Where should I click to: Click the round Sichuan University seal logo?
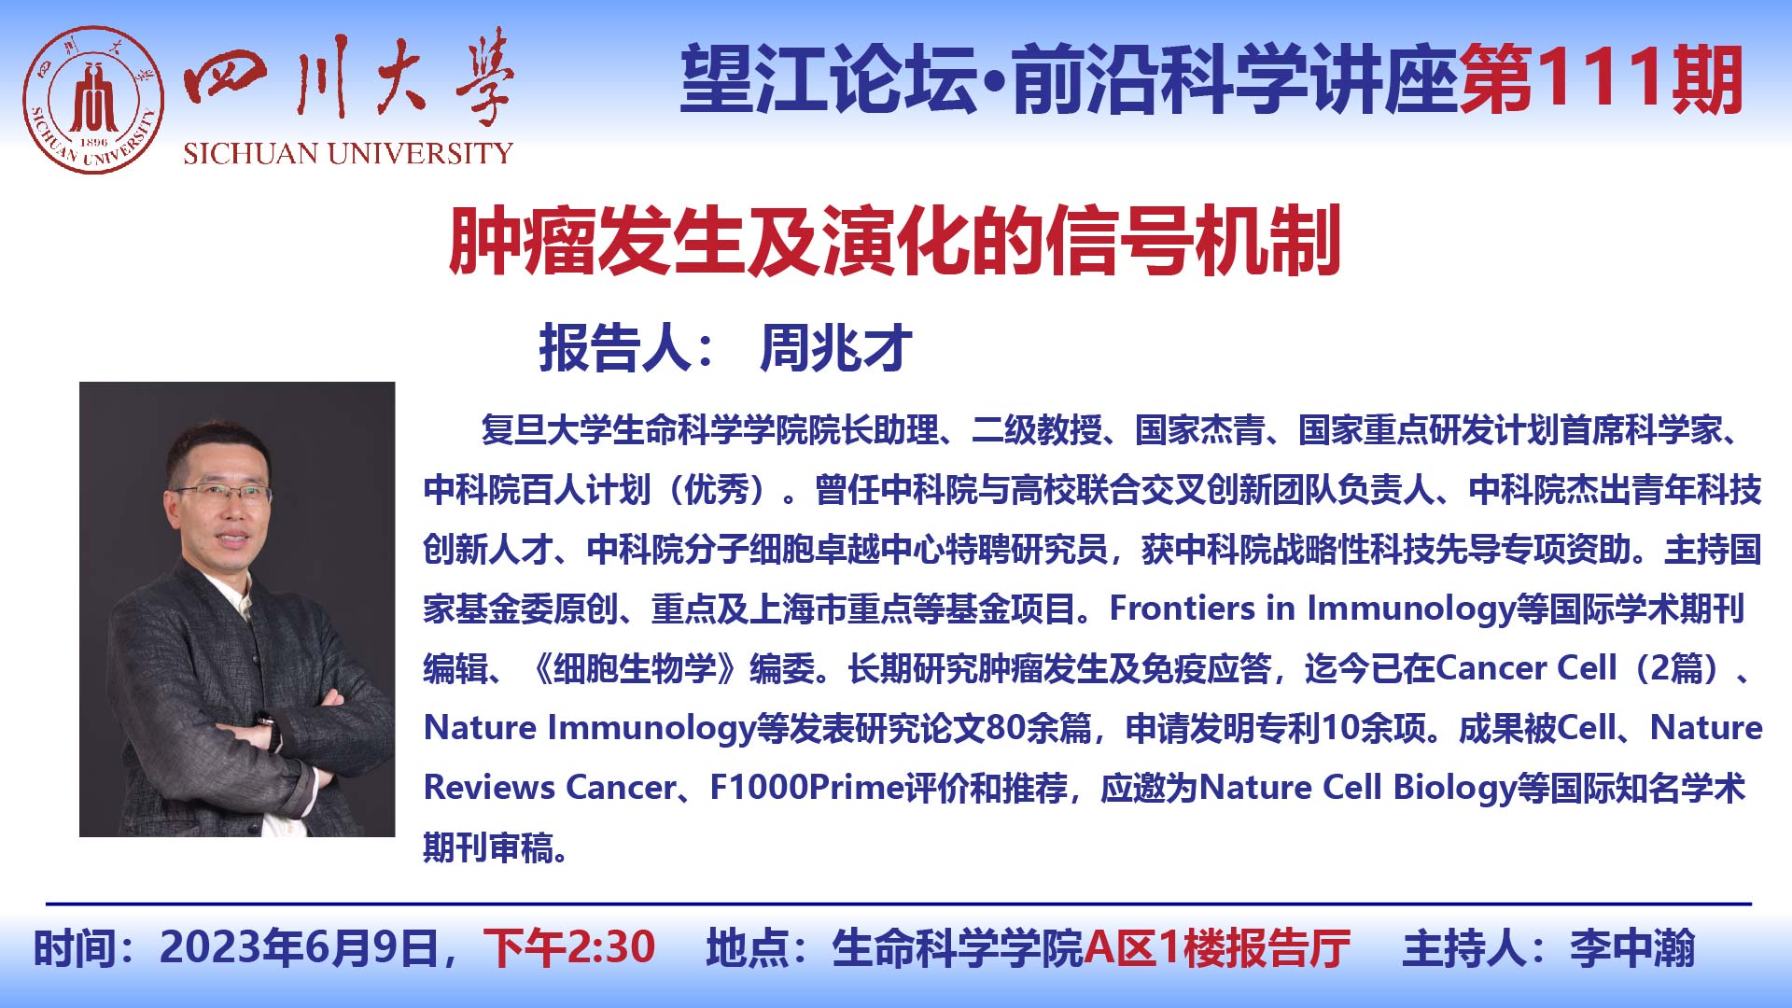[93, 100]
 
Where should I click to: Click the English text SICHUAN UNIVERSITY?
[348, 153]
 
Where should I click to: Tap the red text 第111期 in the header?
[1602, 80]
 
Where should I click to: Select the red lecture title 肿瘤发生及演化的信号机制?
[895, 241]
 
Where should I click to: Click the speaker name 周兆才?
[836, 348]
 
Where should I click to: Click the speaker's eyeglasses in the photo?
[222, 491]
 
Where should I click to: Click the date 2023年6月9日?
[299, 948]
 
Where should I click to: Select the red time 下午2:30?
[569, 948]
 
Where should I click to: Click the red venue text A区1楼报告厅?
[1217, 948]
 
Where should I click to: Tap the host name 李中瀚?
[1632, 948]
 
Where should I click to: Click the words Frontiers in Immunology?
[1312, 609]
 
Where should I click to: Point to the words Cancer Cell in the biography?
[1526, 668]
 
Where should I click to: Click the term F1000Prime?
[807, 788]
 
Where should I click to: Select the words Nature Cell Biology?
[1357, 788]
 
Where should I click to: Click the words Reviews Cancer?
[550, 788]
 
